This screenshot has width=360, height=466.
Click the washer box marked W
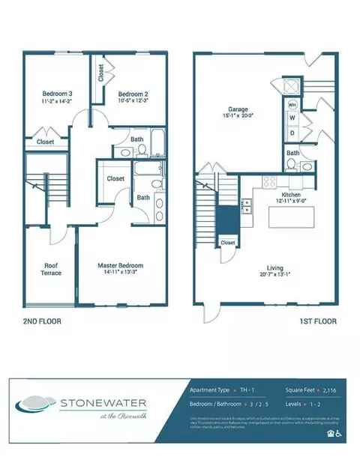click(292, 118)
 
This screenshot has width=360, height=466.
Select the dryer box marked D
click(292, 133)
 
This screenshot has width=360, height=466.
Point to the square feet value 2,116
click(331, 391)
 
